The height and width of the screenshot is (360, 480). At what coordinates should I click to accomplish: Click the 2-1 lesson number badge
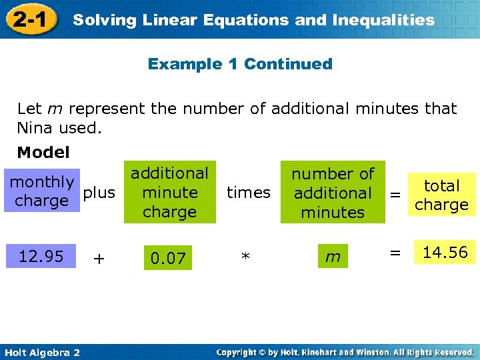(29, 19)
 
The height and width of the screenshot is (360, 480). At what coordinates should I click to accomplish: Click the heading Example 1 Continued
(240, 64)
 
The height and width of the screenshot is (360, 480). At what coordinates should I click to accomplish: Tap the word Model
(43, 153)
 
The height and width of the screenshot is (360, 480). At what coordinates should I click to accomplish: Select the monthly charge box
(41, 191)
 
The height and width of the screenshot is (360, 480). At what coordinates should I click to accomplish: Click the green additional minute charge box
(169, 193)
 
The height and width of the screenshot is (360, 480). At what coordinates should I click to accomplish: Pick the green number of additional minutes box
(333, 193)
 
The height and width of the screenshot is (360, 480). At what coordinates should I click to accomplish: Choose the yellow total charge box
(442, 195)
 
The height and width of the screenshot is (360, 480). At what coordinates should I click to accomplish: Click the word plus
(99, 193)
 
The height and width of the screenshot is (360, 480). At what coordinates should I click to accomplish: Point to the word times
(249, 193)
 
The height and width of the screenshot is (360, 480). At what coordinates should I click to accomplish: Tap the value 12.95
(41, 257)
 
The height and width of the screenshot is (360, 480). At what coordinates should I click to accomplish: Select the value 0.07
(168, 258)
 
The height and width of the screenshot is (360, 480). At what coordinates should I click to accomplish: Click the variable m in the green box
(333, 257)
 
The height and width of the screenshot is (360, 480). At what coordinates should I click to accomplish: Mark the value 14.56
(445, 252)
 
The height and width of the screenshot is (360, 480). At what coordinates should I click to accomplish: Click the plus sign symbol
(99, 259)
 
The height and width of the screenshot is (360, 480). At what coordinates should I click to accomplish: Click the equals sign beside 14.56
(395, 253)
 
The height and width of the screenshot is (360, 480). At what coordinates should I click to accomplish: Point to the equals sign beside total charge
(395, 195)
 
